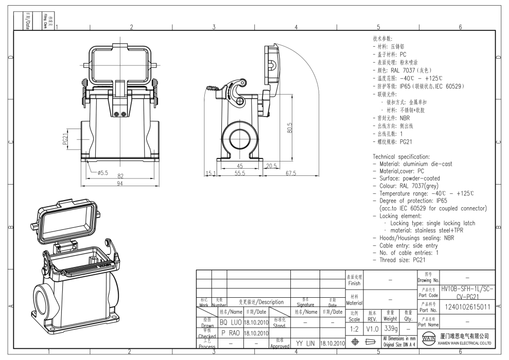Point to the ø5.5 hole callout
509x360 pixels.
102,173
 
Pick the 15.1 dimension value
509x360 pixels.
209,174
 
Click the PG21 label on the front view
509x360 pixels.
65,139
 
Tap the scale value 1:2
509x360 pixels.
354,329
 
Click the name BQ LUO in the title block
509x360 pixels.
231,322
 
